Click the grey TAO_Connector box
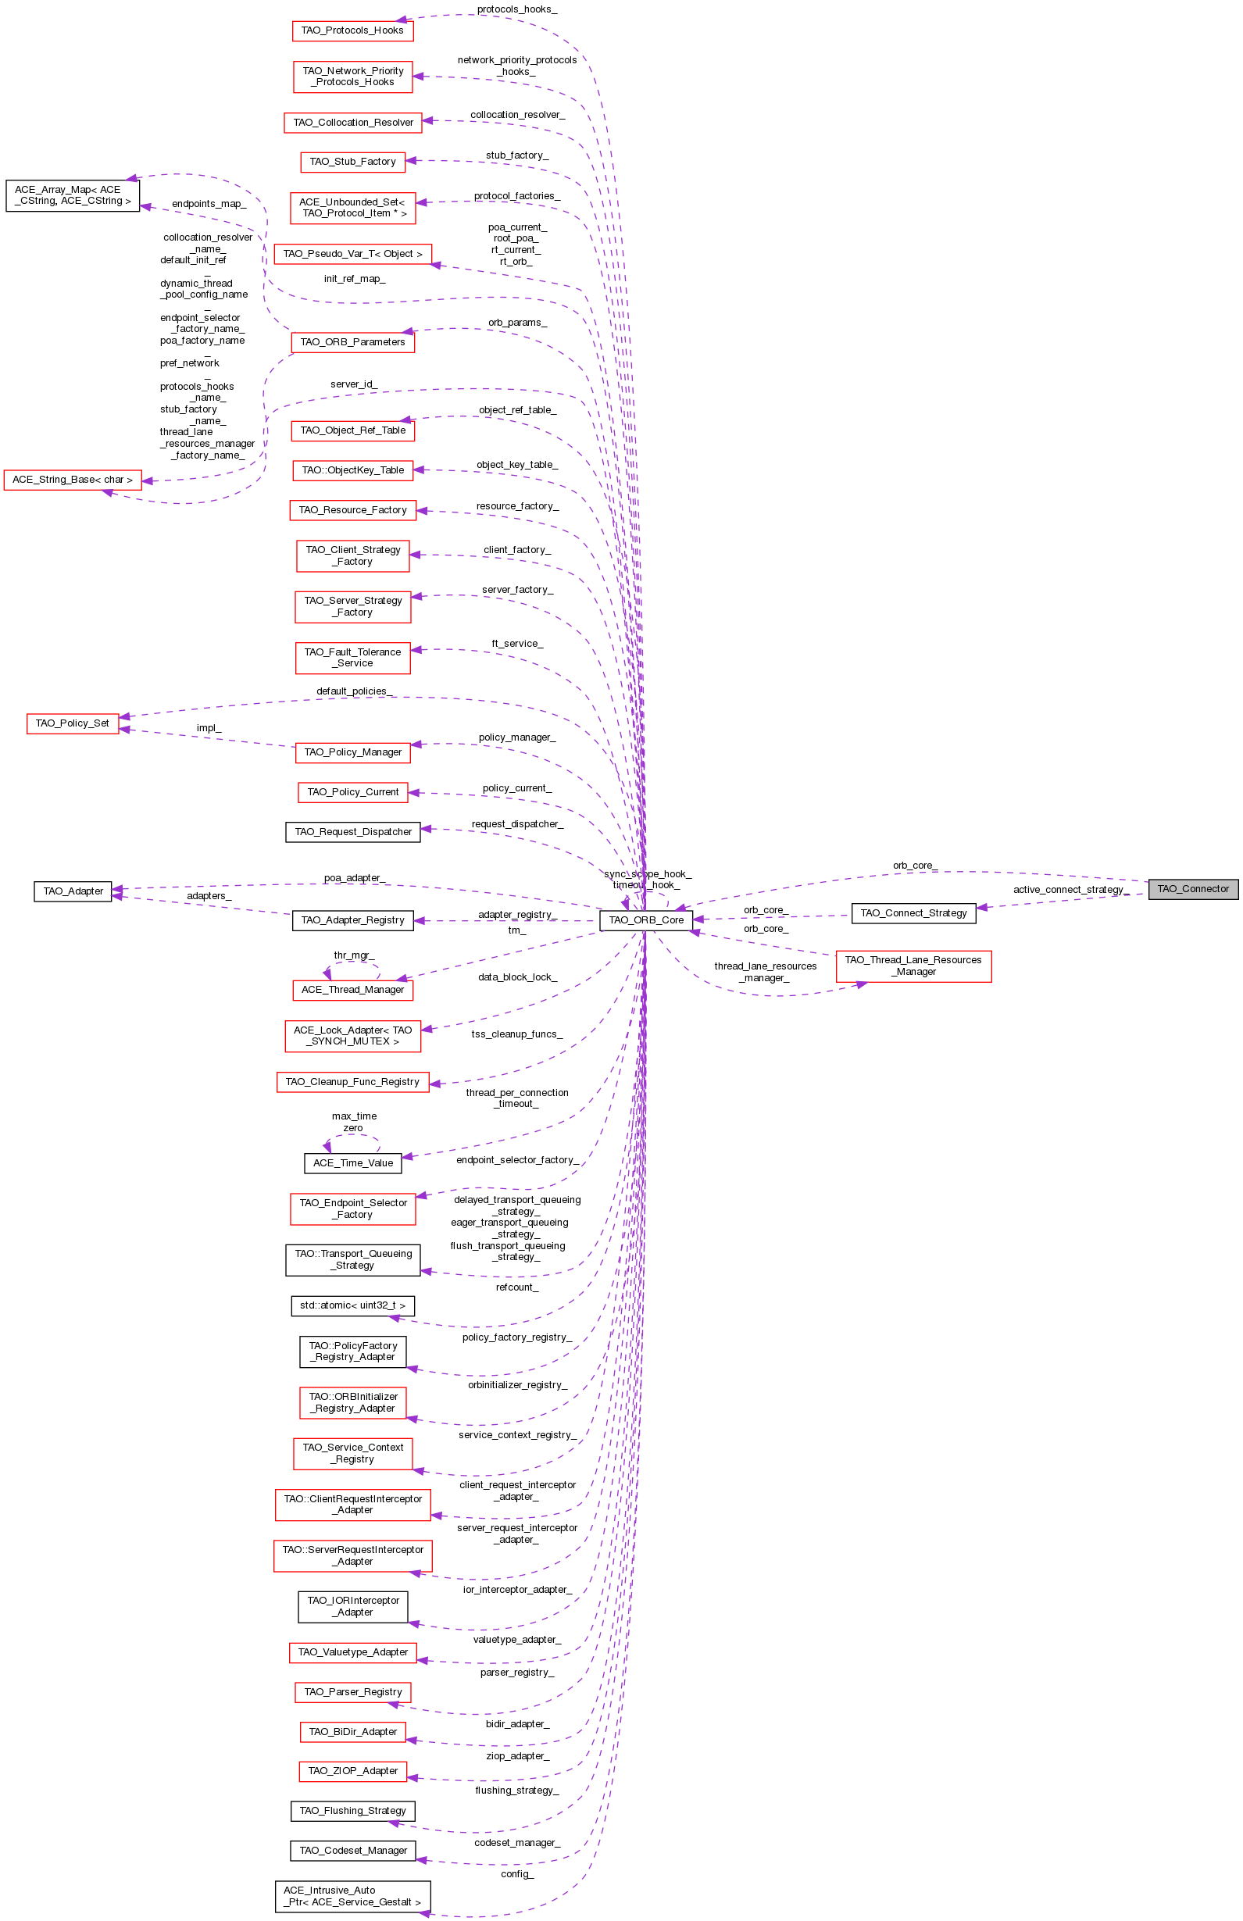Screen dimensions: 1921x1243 click(1192, 889)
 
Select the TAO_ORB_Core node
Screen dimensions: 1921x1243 click(645, 920)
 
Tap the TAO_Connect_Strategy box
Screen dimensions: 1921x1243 click(913, 913)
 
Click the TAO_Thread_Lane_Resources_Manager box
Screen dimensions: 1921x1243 click(913, 966)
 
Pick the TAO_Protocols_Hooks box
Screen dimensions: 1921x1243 click(352, 30)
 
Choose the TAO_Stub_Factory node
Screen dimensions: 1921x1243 click(352, 162)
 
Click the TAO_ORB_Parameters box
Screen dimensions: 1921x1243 click(352, 342)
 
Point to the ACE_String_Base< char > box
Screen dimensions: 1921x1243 click(73, 480)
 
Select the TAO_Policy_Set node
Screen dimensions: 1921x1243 click(72, 723)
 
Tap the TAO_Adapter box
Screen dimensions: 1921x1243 click(73, 891)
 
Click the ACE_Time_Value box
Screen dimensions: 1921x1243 click(352, 1163)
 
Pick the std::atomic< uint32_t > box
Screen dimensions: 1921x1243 click(352, 1305)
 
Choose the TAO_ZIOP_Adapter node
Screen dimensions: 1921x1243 click(352, 1771)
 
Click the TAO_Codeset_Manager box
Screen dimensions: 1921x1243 click(352, 1851)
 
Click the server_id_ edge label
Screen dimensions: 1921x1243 click(354, 384)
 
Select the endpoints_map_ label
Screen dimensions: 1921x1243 click(209, 204)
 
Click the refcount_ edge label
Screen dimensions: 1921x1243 click(517, 1287)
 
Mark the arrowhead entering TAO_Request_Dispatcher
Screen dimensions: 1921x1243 click(426, 829)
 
